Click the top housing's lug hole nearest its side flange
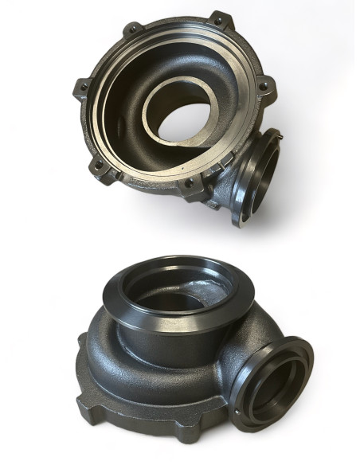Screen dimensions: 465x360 (x=188, y=183)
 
